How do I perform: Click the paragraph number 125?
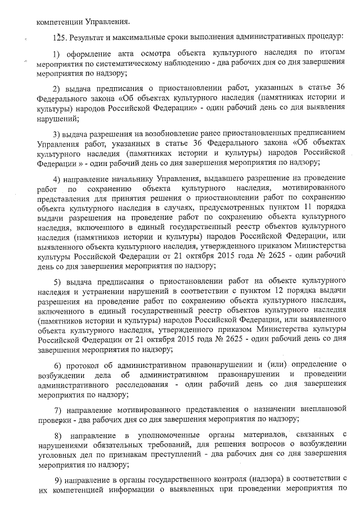pyautogui.click(x=57, y=38)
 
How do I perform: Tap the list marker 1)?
pyautogui.click(x=57, y=53)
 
